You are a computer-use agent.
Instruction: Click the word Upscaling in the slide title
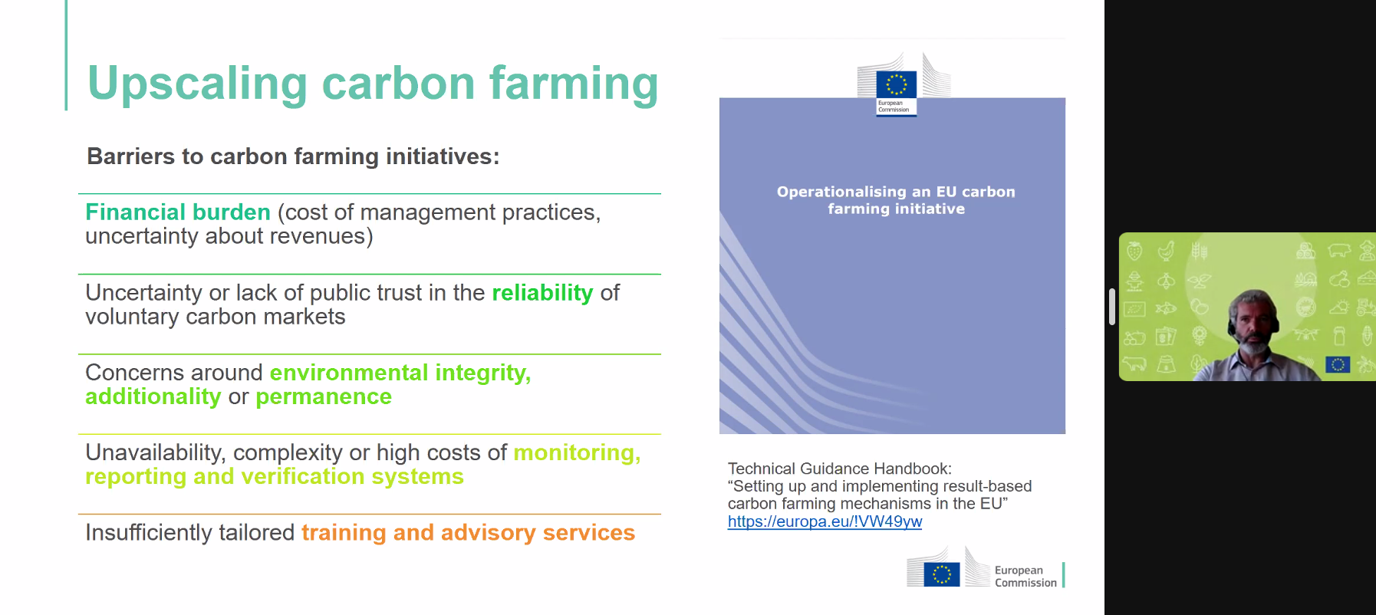pos(198,84)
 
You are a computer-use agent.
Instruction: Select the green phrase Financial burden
pos(178,212)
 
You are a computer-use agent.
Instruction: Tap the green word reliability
pos(542,293)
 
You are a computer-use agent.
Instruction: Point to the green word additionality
pos(153,396)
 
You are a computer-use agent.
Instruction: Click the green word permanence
pos(324,397)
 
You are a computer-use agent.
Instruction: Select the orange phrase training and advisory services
pos(468,532)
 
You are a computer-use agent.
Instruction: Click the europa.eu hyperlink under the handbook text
pos(825,521)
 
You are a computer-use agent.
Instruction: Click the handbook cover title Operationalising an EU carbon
pos(896,192)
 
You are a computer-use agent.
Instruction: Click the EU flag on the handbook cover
pos(897,84)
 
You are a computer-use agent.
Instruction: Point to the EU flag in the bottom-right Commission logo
pos(942,574)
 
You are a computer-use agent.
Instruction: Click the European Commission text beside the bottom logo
pos(1025,577)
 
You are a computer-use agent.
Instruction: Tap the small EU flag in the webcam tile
pos(1338,365)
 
